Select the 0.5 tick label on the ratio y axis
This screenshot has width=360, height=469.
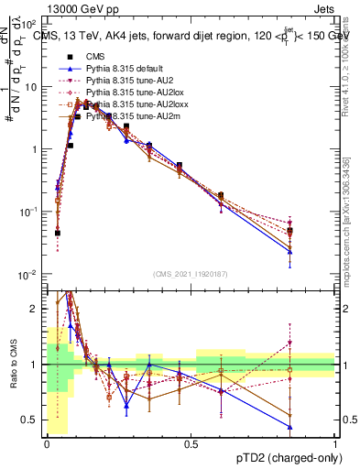pyautogui.click(x=30, y=420)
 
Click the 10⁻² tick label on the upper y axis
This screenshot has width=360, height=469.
pyautogui.click(x=28, y=274)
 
